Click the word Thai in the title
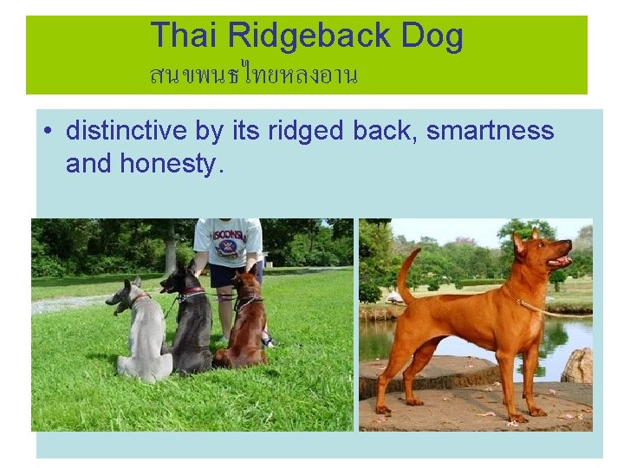tap(185, 36)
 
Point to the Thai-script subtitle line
tap(253, 75)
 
